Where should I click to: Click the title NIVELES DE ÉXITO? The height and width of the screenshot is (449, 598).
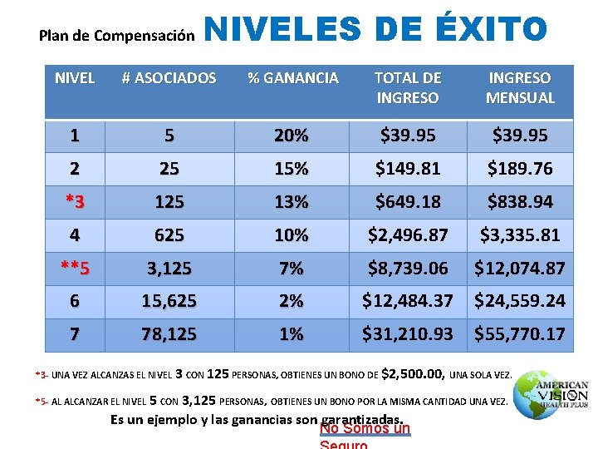coord(375,30)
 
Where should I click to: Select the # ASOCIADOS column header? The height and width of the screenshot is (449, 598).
coord(169,78)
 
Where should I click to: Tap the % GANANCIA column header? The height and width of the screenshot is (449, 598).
coord(293,78)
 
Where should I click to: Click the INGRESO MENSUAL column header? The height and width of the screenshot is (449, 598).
coord(520,87)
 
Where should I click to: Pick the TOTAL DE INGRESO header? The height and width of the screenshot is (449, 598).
coord(407,87)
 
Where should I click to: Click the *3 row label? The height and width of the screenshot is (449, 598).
coord(75,201)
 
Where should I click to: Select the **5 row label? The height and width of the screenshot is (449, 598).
coord(75,268)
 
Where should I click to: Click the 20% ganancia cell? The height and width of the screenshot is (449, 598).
coord(292,135)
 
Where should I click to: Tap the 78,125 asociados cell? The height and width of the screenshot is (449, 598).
coord(169,334)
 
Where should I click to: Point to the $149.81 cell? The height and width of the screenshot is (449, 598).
coord(407,169)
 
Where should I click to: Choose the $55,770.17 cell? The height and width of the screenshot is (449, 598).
coord(520,334)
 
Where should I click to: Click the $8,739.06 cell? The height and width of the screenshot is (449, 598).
coord(407,268)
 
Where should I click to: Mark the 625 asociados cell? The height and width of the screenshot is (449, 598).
coord(169,235)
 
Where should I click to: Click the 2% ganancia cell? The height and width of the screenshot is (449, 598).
coord(292,301)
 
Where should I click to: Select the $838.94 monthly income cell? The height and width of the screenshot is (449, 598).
coord(520,201)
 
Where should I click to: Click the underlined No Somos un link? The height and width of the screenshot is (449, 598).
coord(365,429)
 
